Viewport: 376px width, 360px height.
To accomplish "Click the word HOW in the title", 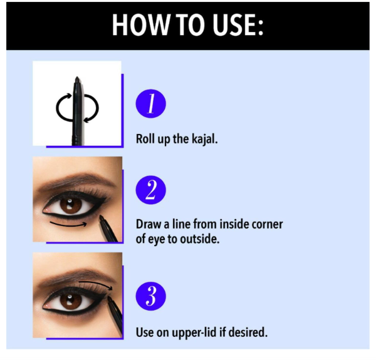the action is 140,25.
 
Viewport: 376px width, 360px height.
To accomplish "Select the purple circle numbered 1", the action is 151,104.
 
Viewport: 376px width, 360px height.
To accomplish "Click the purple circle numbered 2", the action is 151,190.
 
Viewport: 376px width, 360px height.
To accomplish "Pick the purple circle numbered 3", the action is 151,296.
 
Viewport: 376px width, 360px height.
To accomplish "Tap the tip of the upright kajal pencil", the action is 77,78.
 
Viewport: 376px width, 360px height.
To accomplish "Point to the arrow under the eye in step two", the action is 68,225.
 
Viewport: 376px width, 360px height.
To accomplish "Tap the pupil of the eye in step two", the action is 71,205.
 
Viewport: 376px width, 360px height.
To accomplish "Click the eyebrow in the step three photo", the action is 76,275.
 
